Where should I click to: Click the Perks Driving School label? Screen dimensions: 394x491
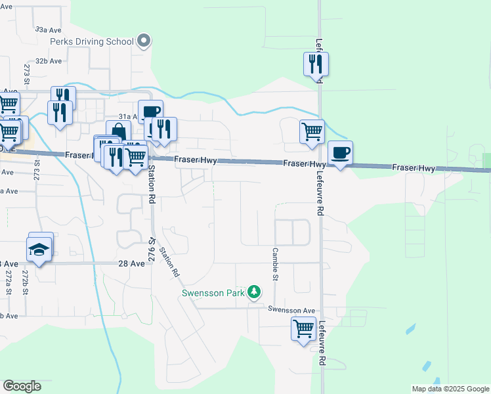pyautogui.click(x=92, y=41)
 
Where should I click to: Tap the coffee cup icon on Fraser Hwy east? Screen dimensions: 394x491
pyautogui.click(x=340, y=154)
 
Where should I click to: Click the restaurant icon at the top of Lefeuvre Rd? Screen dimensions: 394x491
pyautogui.click(x=316, y=64)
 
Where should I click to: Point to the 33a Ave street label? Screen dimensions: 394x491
pyautogui.click(x=48, y=30)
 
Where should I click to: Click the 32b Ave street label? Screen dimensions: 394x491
pyautogui.click(x=49, y=61)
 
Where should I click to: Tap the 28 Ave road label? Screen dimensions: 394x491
pyautogui.click(x=131, y=263)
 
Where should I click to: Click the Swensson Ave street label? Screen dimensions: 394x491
pyautogui.click(x=291, y=309)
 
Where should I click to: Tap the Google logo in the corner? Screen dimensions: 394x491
pyautogui.click(x=22, y=386)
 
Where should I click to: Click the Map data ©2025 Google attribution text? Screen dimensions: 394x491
pyautogui.click(x=450, y=389)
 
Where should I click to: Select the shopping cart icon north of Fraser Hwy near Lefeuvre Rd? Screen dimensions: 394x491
pyautogui.click(x=312, y=131)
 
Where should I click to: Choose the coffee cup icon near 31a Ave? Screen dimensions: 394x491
pyautogui.click(x=150, y=112)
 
